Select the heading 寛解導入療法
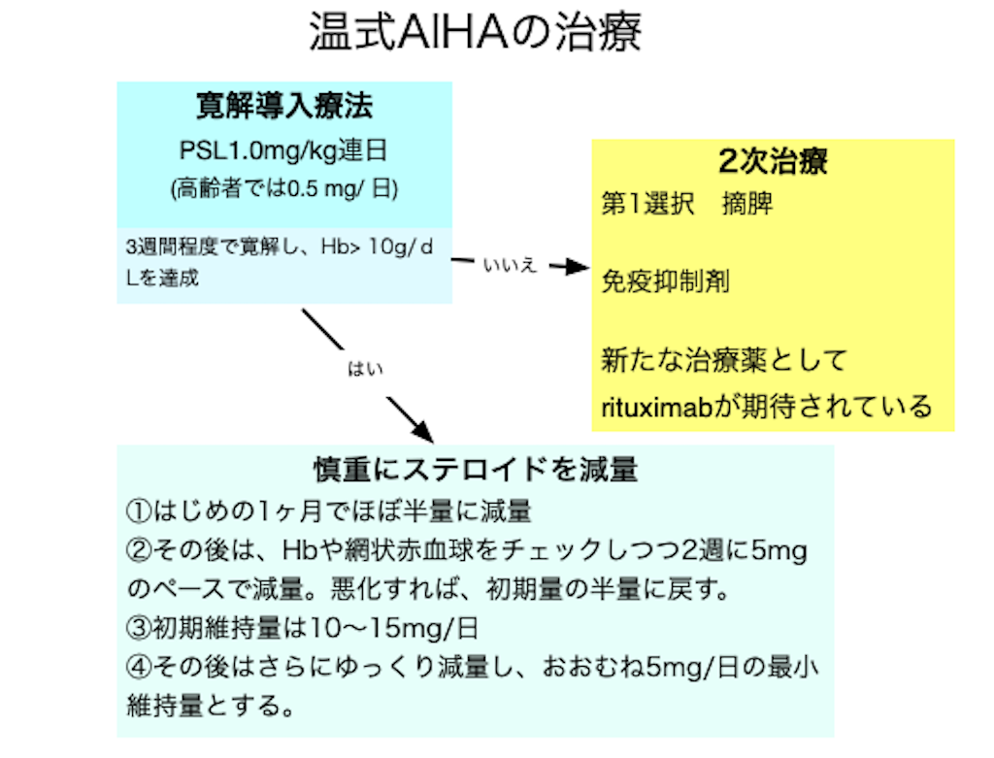coord(284,107)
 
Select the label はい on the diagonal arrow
coord(366,370)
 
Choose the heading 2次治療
coord(773,161)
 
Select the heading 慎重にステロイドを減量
coord(475,469)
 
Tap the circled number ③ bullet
coord(136,628)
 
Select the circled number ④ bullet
coord(136,667)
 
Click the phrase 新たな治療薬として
coord(724,360)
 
